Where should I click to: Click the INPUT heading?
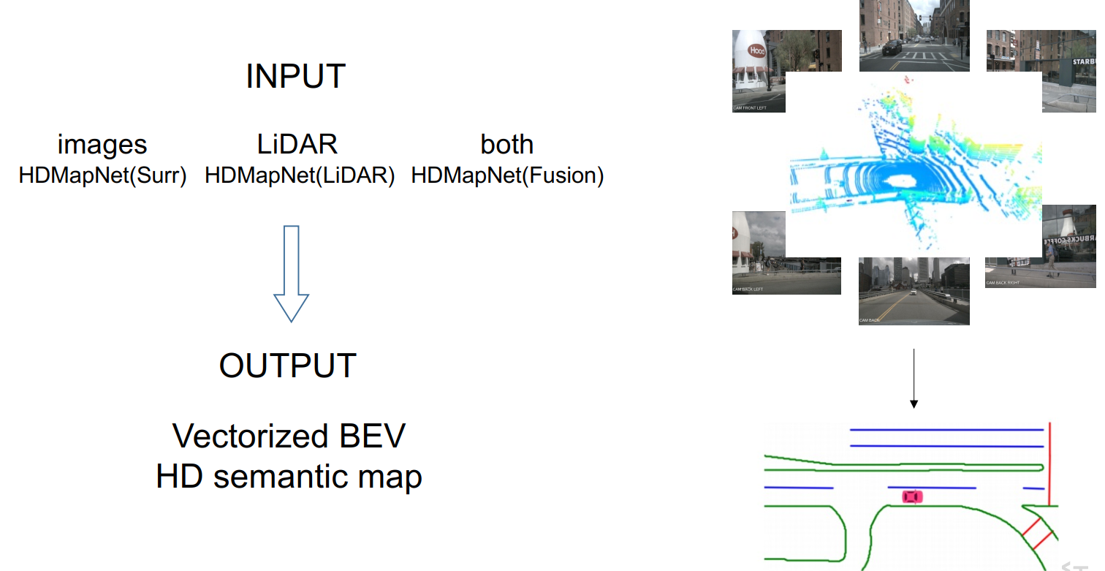pos(295,77)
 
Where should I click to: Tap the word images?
pos(102,145)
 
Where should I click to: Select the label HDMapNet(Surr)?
pos(103,175)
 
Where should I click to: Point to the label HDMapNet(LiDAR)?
pos(300,175)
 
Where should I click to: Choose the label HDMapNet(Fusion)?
pos(507,175)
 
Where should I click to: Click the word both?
pos(507,145)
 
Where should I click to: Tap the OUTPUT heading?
pos(288,366)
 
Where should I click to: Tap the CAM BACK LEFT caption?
pos(748,290)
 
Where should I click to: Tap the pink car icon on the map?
pos(912,497)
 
